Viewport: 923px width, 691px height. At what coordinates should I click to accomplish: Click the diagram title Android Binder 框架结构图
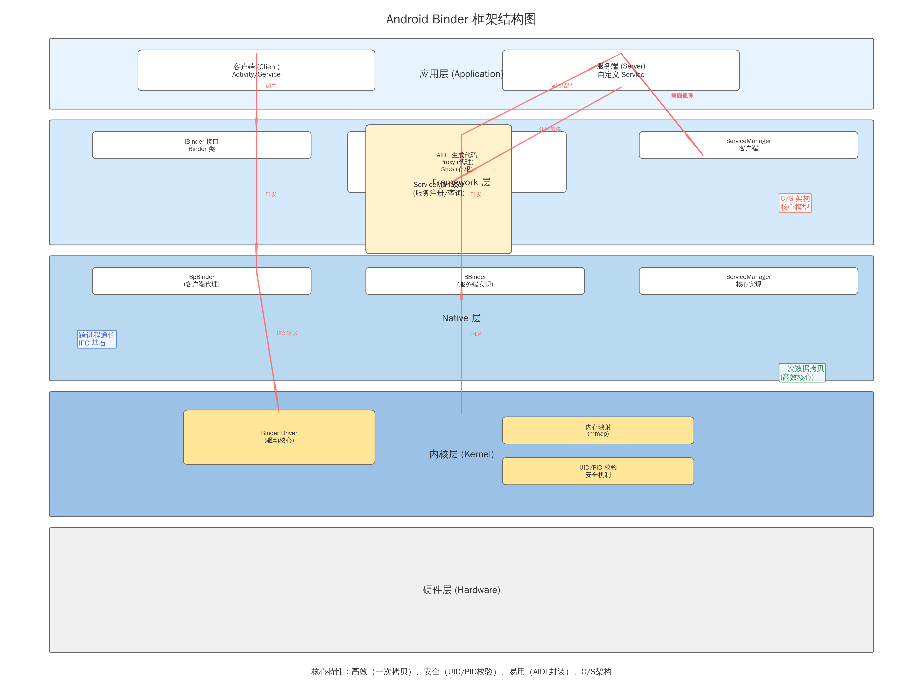tap(461, 19)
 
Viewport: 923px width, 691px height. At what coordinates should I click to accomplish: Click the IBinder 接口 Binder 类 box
tap(202, 145)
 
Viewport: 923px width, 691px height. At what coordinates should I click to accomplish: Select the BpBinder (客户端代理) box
tap(202, 281)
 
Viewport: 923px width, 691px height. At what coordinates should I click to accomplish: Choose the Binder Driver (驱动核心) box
tap(279, 437)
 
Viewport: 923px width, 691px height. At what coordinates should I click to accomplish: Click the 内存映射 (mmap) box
tap(598, 430)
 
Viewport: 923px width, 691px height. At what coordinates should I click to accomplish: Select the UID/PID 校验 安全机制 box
tap(598, 471)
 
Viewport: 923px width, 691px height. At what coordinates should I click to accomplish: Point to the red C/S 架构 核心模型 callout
tap(795, 203)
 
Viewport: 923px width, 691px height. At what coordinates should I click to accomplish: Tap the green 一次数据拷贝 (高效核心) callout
tap(802, 373)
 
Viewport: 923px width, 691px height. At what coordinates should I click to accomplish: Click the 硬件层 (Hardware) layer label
tap(461, 590)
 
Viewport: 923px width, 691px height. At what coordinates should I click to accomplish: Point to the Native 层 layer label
tap(461, 318)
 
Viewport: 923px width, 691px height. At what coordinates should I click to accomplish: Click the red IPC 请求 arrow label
tap(287, 333)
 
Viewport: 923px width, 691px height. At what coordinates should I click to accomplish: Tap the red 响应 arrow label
tap(476, 333)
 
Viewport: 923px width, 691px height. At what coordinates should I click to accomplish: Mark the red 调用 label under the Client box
tap(271, 86)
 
